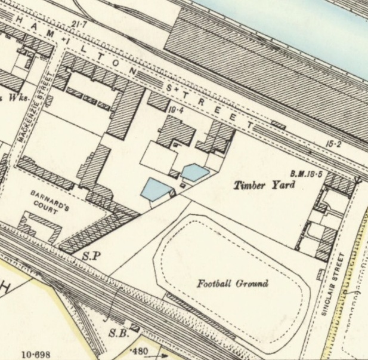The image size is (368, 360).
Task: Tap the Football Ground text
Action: tap(233, 284)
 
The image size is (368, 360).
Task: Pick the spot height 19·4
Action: tap(174, 110)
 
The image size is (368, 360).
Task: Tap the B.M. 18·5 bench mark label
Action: tap(307, 174)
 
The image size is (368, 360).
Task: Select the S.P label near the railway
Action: tap(89, 256)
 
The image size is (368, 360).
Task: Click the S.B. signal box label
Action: tap(119, 333)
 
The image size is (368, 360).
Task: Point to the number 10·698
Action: tap(36, 354)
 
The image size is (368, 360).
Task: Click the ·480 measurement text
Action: tap(140, 350)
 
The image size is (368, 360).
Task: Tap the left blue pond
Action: tap(155, 190)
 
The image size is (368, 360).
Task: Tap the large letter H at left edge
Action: tap(7, 289)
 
